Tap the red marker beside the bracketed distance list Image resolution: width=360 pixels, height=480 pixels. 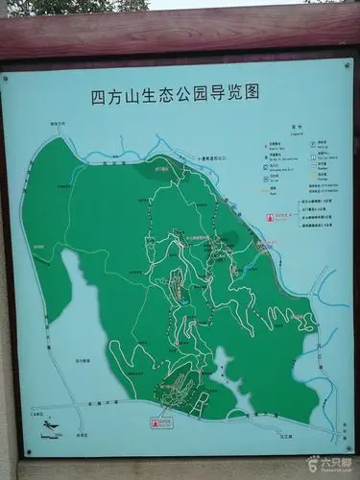tap(270, 217)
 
